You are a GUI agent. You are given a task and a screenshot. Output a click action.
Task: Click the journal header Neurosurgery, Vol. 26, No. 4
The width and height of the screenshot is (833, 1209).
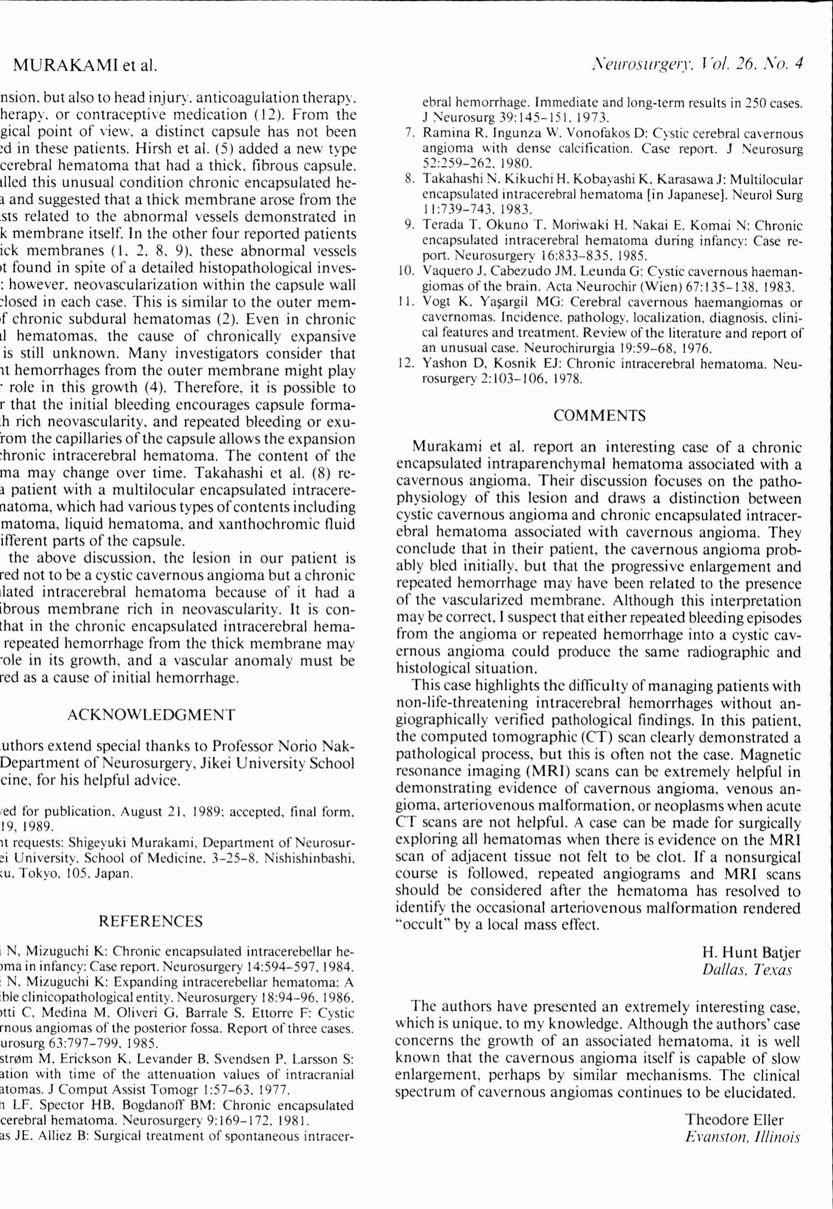[x=696, y=64]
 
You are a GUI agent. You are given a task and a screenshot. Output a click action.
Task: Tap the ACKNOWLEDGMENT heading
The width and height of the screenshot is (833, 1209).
[x=151, y=714]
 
